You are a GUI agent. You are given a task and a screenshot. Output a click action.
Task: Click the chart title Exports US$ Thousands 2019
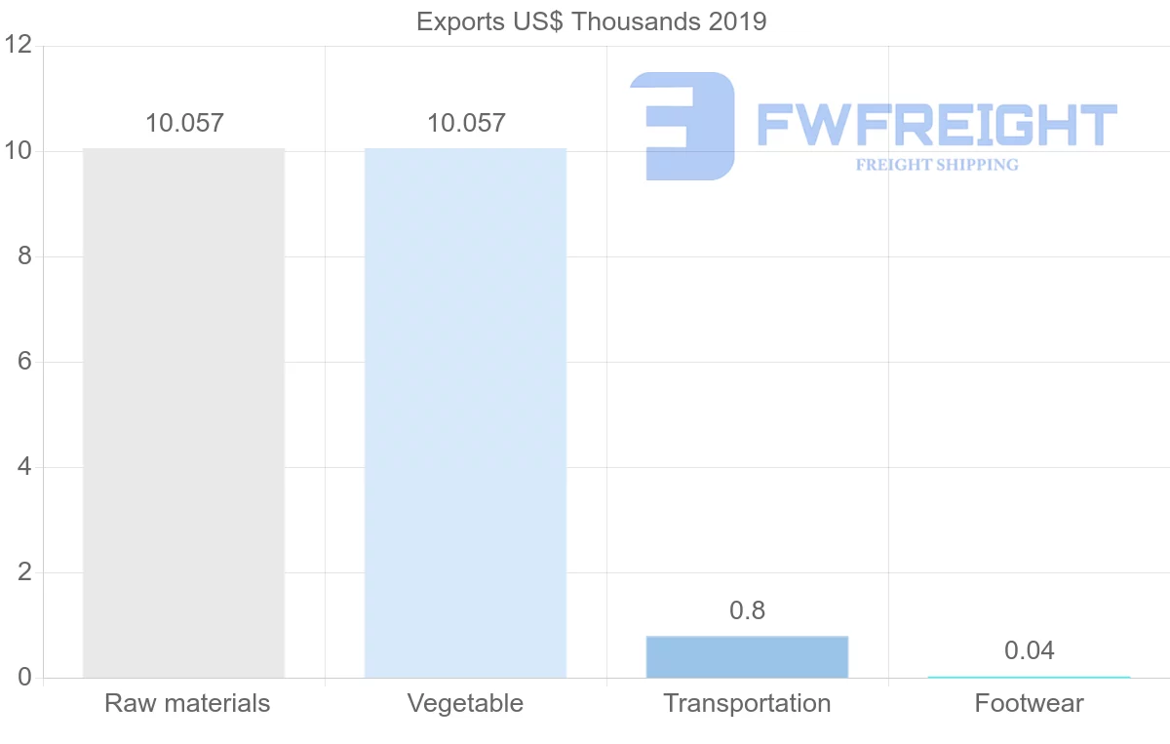coord(591,21)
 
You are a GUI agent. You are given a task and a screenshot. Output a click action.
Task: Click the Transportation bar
coord(747,657)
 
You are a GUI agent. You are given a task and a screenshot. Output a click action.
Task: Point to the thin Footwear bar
coord(1029,677)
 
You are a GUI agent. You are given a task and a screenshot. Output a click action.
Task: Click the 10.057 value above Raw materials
coord(184,124)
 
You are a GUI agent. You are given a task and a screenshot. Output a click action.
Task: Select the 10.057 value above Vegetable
coord(466,124)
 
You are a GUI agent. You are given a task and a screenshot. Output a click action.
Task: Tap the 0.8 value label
coord(747,611)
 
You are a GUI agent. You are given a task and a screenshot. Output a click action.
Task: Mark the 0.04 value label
coord(1029,651)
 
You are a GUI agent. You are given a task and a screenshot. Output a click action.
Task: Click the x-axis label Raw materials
coord(187,703)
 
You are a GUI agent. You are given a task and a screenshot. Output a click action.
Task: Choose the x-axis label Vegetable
coord(465,703)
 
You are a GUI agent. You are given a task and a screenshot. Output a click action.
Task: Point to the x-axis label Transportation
coord(747,703)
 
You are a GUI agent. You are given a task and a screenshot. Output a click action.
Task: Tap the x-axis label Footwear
coord(1029,703)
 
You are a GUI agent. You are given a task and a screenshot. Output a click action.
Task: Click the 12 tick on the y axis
coord(19,46)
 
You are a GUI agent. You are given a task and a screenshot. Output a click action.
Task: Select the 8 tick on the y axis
coord(24,256)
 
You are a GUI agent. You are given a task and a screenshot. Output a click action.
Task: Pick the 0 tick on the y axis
coord(24,678)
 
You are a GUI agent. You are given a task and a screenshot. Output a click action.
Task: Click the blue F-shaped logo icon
coord(682,126)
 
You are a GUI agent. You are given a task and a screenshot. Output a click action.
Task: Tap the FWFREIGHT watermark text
coord(936,126)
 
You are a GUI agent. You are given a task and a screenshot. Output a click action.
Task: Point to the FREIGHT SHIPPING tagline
coord(937,165)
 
